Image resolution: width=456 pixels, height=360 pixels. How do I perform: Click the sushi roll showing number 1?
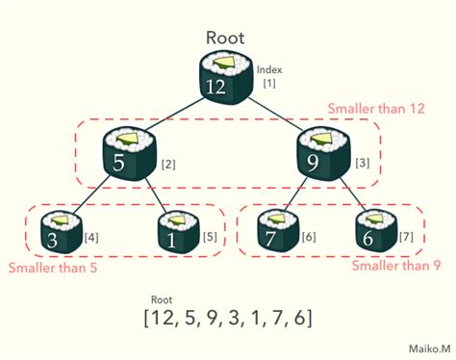point(177,232)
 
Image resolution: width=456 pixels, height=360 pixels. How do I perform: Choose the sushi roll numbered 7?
point(278,232)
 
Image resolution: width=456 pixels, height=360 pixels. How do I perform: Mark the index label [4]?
point(91,238)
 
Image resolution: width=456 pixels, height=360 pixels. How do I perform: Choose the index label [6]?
point(309,238)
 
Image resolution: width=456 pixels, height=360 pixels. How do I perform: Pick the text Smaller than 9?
point(390,267)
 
